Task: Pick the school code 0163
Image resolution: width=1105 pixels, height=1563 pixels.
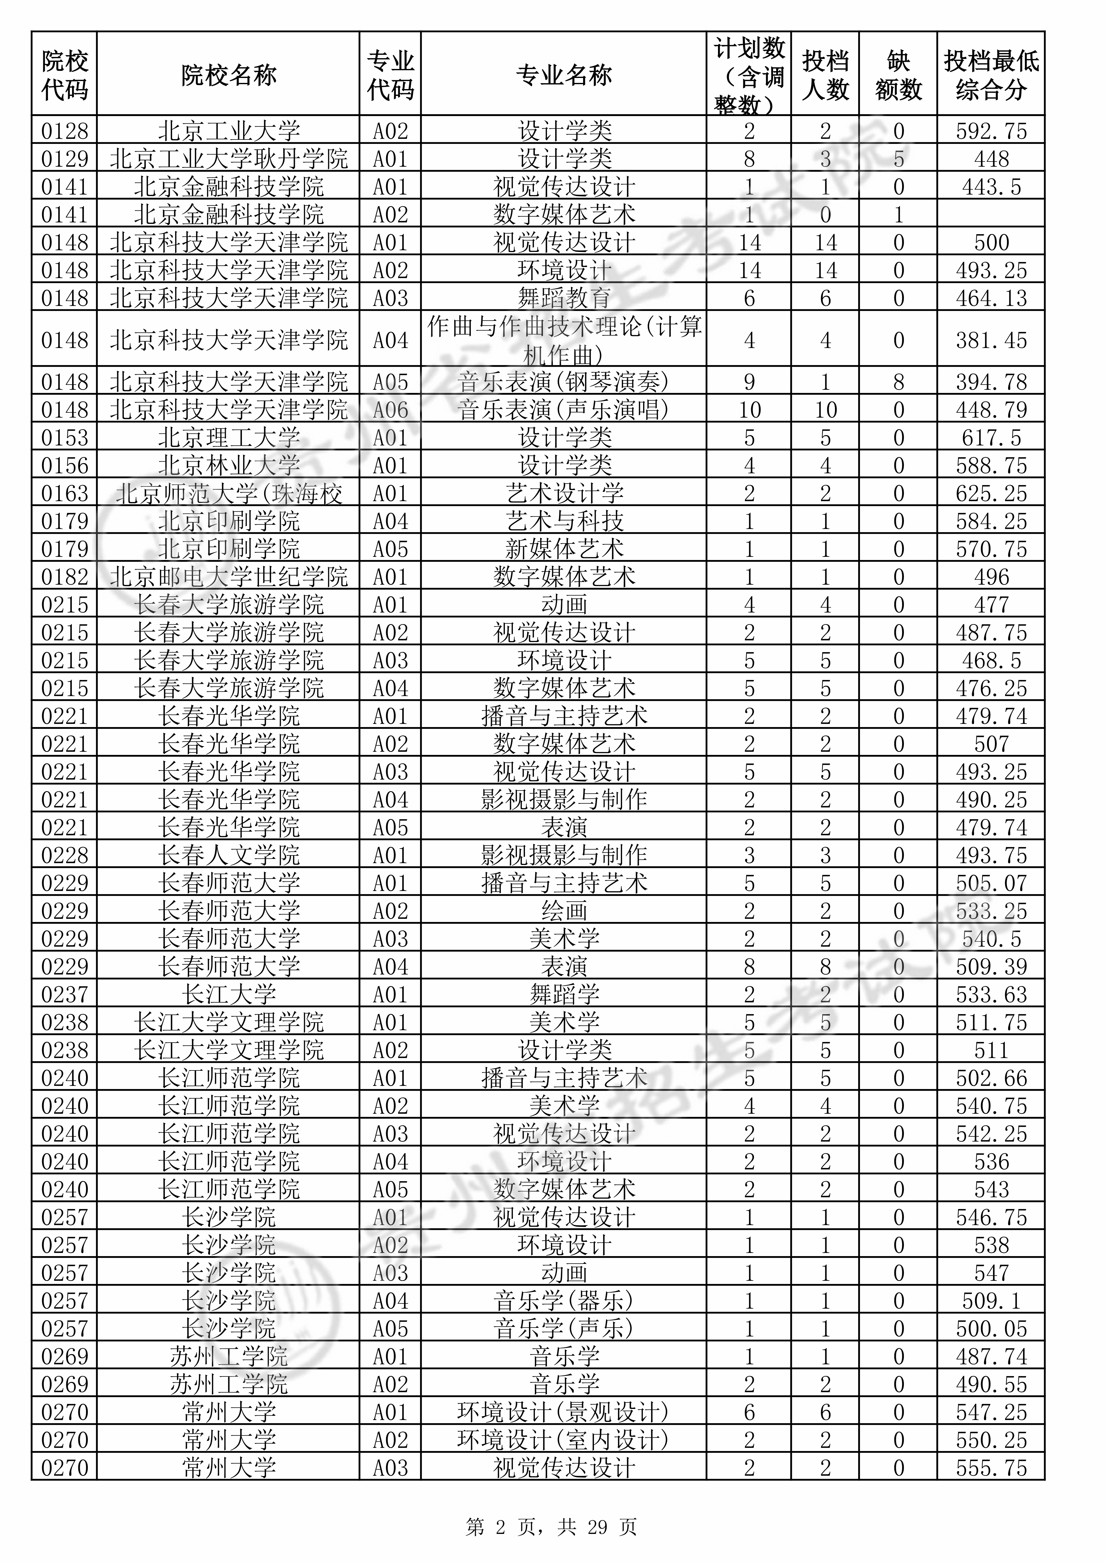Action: [x=65, y=493]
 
